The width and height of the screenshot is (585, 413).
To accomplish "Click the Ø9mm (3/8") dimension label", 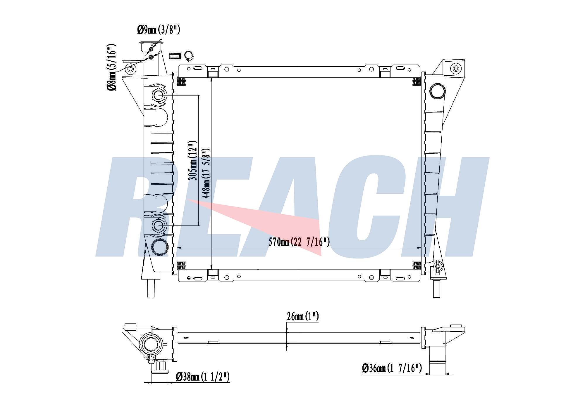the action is click(159, 30).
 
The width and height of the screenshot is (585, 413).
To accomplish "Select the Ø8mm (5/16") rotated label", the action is click(112, 67).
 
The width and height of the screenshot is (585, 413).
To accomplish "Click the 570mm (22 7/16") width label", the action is click(299, 242).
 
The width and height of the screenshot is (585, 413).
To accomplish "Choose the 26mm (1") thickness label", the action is click(302, 316).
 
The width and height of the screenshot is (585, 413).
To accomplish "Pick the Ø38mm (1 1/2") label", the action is click(202, 377).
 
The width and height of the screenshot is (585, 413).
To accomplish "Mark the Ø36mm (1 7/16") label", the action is click(392, 368).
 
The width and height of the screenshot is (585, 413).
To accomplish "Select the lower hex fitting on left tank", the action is click(159, 225).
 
